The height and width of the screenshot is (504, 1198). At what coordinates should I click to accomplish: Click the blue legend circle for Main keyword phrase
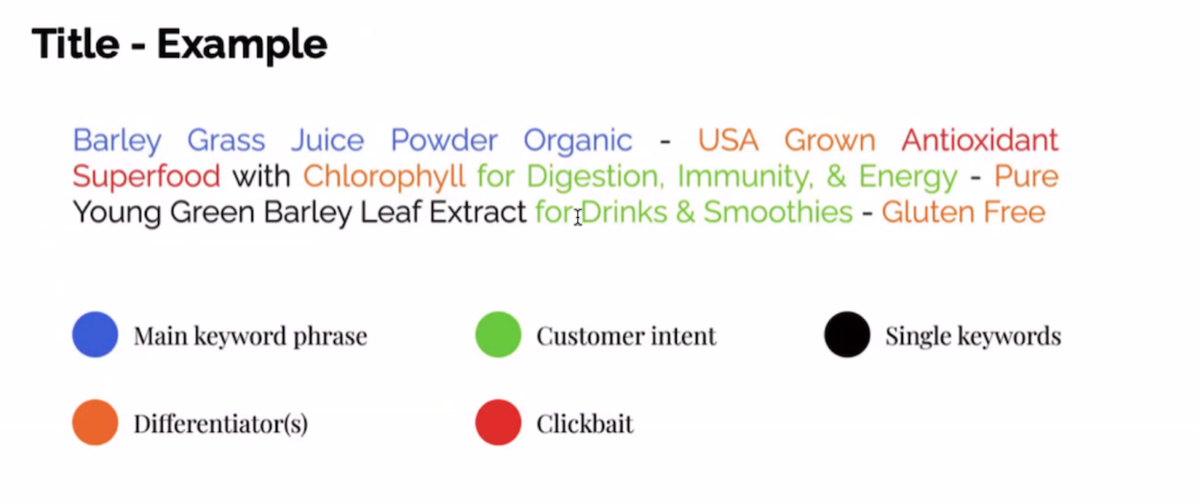(x=95, y=335)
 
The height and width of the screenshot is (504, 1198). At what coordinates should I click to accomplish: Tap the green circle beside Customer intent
(x=498, y=335)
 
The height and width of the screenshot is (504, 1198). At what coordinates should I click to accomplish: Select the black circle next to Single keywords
(x=847, y=335)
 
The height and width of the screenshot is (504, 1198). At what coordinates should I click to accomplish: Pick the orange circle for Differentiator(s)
(x=95, y=422)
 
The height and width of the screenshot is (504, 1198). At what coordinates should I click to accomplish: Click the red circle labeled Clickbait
(x=498, y=422)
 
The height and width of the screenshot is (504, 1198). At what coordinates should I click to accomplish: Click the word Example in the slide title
(x=242, y=45)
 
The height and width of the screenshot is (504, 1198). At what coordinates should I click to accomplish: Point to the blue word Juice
(x=327, y=140)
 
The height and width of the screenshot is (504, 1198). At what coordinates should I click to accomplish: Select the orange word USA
(x=728, y=140)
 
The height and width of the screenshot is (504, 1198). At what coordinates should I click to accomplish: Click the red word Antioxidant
(x=980, y=140)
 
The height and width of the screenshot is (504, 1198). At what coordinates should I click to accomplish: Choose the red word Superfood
(x=146, y=176)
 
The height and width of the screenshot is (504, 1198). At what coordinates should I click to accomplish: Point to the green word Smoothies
(x=778, y=212)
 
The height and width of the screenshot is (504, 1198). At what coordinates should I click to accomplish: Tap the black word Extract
(x=478, y=212)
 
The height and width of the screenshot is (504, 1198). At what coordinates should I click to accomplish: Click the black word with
(x=261, y=176)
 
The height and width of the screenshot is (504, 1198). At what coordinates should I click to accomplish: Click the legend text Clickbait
(x=585, y=424)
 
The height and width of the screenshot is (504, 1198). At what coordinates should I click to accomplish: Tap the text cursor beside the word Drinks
(x=577, y=217)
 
